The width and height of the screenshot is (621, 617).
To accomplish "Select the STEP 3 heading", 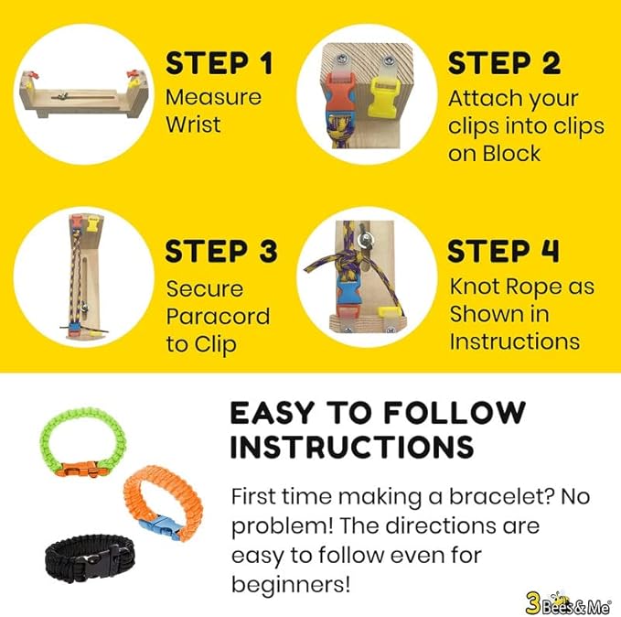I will pyautogui.click(x=219, y=251).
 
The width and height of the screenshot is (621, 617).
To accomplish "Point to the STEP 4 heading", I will pyautogui.click(x=504, y=251).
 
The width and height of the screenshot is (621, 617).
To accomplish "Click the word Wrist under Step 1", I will pyautogui.click(x=193, y=124).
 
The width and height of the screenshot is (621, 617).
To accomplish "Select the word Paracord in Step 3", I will pyautogui.click(x=218, y=317).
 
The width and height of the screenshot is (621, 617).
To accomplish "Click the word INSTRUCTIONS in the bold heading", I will pyautogui.click(x=351, y=447).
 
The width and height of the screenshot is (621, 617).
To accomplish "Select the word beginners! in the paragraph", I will pyautogui.click(x=291, y=583).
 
